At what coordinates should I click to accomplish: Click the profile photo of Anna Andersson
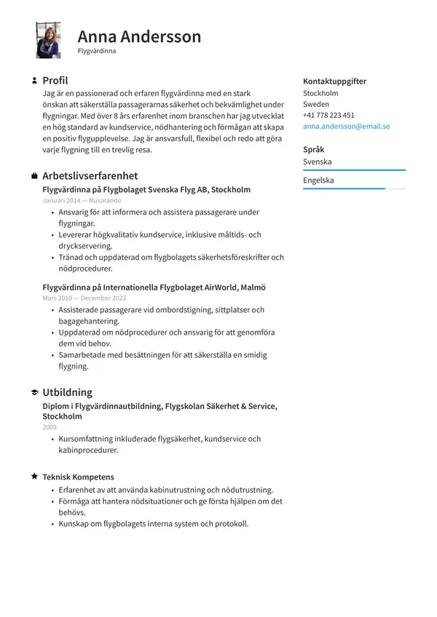coord(48,40)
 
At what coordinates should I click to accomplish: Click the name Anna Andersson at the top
coord(139,36)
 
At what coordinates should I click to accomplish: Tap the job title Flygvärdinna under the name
coord(97,52)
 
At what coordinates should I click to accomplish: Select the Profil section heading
coord(55,81)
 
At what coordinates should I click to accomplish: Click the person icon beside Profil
coord(34,81)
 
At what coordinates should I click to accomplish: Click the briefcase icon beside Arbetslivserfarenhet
coord(34,176)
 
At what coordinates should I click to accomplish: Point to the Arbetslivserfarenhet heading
coord(90,176)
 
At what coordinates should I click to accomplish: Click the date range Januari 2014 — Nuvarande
coord(82,200)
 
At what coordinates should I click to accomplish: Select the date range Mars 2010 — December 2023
coord(84,298)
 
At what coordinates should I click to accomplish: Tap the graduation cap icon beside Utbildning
coord(34,392)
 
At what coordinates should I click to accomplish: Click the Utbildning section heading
coord(67,392)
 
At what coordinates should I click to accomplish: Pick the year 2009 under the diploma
coord(50,427)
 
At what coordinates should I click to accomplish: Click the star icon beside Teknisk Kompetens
coord(34,477)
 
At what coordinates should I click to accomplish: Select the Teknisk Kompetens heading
coord(78,477)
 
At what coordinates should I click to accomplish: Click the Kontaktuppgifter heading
coord(334,81)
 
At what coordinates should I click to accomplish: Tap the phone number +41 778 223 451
coord(328,115)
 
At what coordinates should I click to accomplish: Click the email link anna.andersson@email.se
coord(346,126)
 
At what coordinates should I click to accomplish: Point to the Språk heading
coord(314,149)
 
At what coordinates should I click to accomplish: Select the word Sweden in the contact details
coord(315,104)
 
